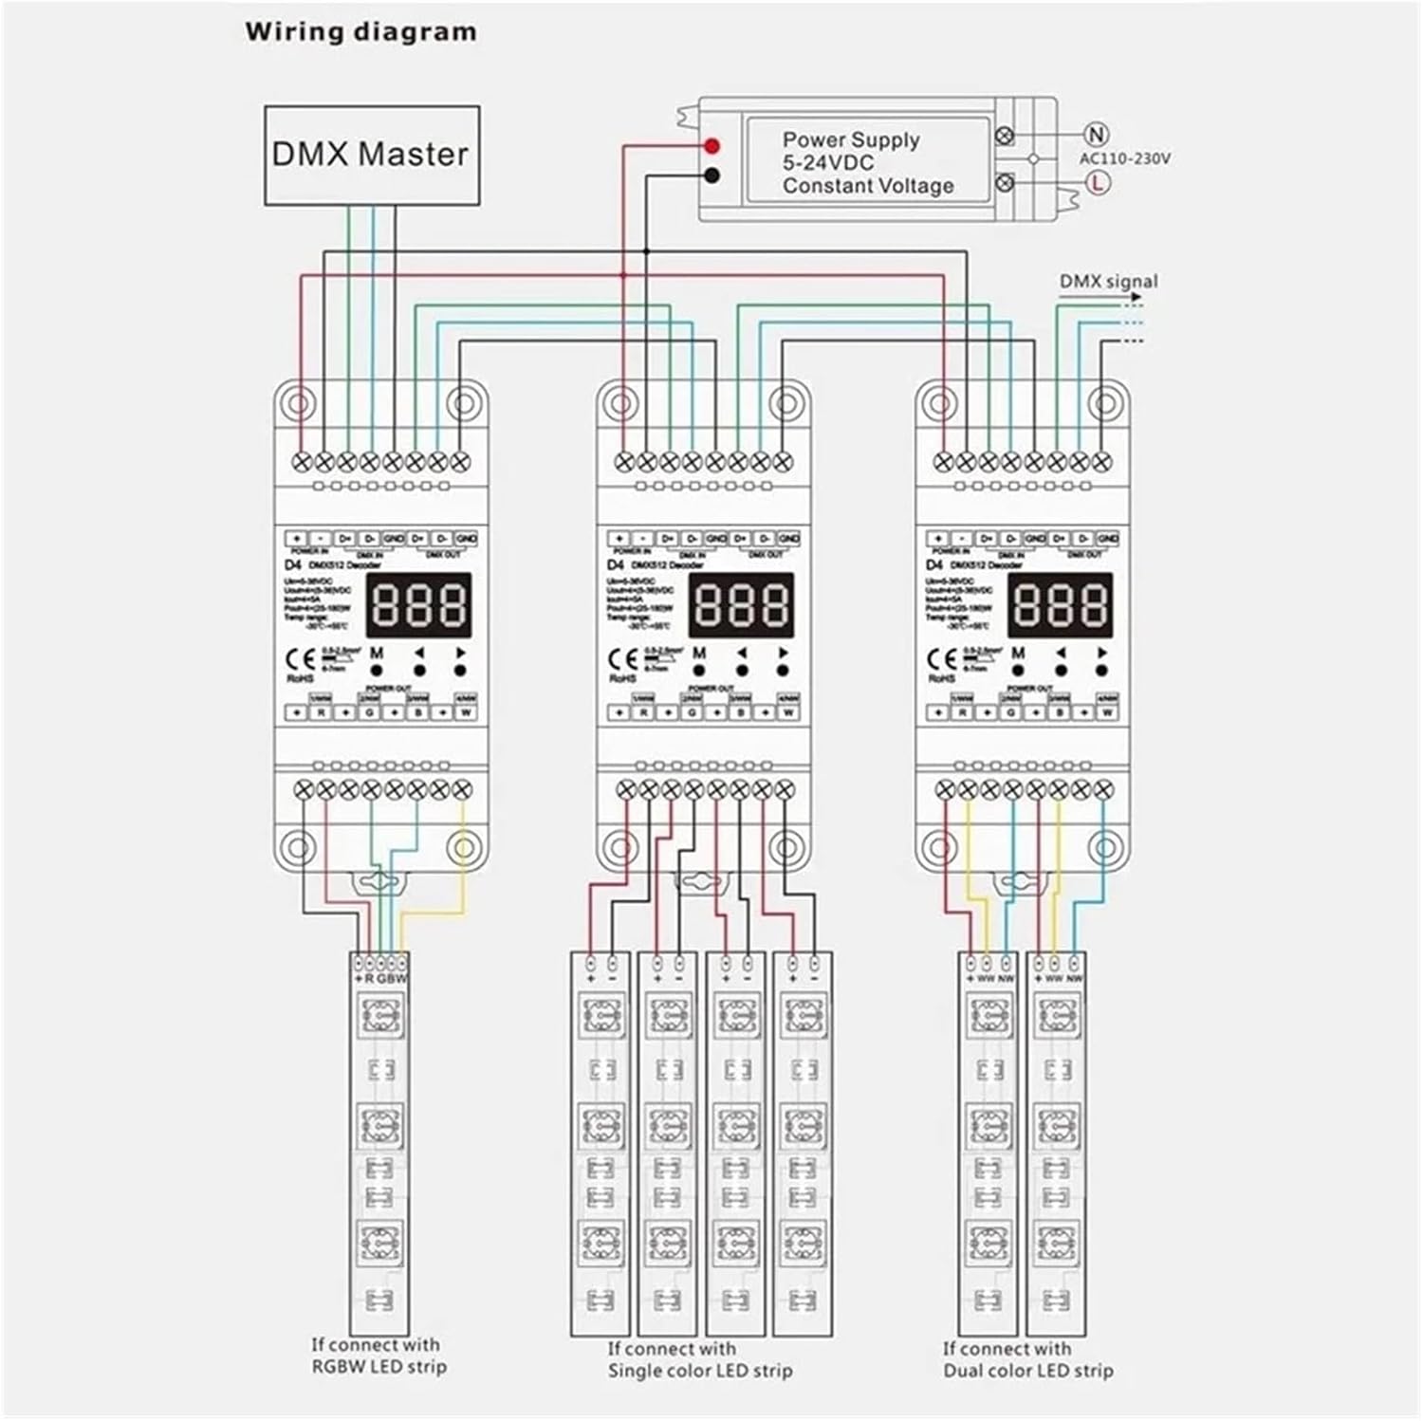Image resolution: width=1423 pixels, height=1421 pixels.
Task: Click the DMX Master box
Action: pos(371,155)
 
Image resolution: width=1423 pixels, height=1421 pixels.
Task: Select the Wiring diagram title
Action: pos(360,32)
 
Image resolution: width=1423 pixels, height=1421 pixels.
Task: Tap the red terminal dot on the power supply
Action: pos(712,146)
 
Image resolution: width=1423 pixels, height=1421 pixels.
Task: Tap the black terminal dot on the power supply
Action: pos(712,175)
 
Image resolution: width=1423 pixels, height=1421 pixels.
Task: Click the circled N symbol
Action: pos(1097,135)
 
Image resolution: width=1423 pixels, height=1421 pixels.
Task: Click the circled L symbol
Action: pos(1097,182)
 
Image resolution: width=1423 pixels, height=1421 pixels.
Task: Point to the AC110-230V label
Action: pos(1124,158)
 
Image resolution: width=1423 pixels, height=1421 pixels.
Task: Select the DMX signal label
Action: pos(1108,282)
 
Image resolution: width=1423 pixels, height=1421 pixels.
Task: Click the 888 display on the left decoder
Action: pos(418,605)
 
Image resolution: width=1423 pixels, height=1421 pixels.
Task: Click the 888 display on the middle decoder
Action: pos(740,605)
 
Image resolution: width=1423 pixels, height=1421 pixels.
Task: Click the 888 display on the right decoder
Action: pos(1059,605)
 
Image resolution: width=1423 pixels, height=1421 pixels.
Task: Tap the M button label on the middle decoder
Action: pos(699,654)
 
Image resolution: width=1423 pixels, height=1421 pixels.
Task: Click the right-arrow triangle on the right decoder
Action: pos(1102,653)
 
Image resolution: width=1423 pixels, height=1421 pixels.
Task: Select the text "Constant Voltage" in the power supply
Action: pos(867,186)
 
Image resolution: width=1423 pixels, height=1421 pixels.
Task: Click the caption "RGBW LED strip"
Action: pos(379,1367)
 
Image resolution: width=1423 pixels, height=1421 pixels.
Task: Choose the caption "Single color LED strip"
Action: pos(699,1371)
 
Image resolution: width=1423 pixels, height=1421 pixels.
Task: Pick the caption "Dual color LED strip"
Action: pos(1027,1371)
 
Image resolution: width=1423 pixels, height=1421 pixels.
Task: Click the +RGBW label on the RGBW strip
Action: pos(379,978)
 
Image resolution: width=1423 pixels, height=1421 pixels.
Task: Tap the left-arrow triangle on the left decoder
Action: pos(419,653)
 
